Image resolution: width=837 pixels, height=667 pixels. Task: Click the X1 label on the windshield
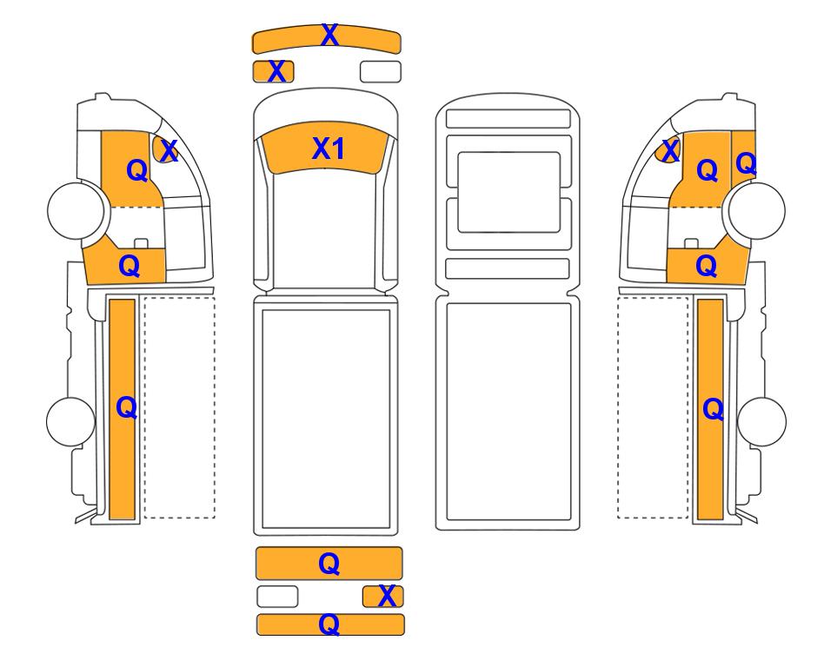[x=328, y=149]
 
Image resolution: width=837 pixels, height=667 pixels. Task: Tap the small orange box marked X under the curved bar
[x=273, y=71]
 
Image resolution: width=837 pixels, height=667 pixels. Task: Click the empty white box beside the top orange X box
[x=381, y=71]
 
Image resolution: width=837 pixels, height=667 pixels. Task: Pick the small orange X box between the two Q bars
[x=382, y=596]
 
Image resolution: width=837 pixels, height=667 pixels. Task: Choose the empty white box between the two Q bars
[x=277, y=596]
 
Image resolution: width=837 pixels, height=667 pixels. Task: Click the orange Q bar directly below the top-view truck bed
[x=329, y=563]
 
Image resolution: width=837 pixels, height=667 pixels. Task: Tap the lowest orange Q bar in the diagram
[x=330, y=624]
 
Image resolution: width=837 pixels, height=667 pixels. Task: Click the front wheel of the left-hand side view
[x=76, y=209]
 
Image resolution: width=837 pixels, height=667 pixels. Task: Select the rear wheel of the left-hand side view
[x=71, y=421]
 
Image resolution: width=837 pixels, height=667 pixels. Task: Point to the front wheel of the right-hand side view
[x=757, y=211]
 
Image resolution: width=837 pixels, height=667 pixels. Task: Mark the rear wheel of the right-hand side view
[x=761, y=421]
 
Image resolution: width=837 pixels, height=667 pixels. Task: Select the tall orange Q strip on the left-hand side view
[x=123, y=409]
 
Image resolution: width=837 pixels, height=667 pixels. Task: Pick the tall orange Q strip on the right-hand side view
[x=710, y=409]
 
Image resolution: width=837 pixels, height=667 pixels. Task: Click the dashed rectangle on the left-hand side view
[x=179, y=407]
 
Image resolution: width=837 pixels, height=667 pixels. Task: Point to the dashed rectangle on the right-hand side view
[x=653, y=407]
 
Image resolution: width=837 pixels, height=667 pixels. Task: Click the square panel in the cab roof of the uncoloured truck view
[x=508, y=192]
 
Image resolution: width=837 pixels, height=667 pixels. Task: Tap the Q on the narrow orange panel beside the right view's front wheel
[x=746, y=163]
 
